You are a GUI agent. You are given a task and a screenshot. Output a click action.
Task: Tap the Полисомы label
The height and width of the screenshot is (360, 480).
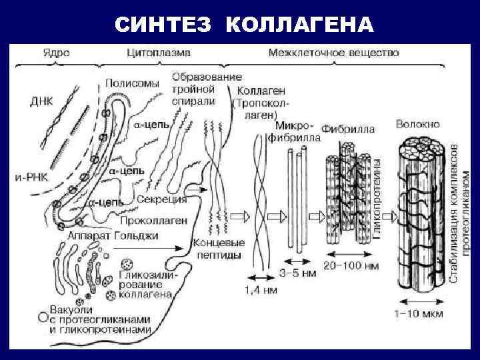[132, 83]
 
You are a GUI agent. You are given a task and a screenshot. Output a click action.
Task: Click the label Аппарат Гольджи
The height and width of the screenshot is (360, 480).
[113, 235]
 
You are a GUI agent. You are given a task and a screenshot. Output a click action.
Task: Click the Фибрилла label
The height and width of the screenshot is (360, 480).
[348, 129]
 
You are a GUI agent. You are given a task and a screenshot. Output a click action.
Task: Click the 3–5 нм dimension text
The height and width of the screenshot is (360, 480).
[299, 272]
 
